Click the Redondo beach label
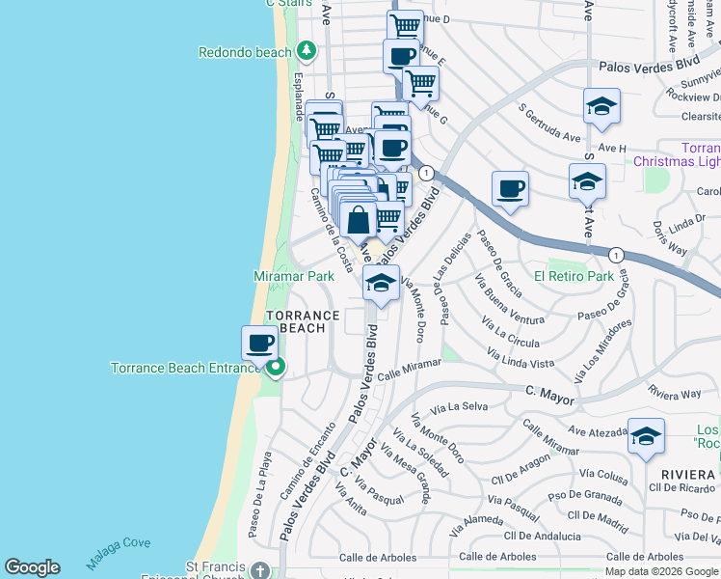[x=245, y=51]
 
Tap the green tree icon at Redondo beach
[x=307, y=49]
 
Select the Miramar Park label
[x=293, y=276]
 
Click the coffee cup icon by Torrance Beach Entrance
[x=259, y=343]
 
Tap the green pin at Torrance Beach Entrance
[x=276, y=367]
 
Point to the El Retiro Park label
[x=574, y=276]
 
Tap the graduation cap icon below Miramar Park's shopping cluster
[x=381, y=283]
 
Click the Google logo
[x=32, y=567]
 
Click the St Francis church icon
[x=258, y=570]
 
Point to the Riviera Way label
[x=675, y=393]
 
